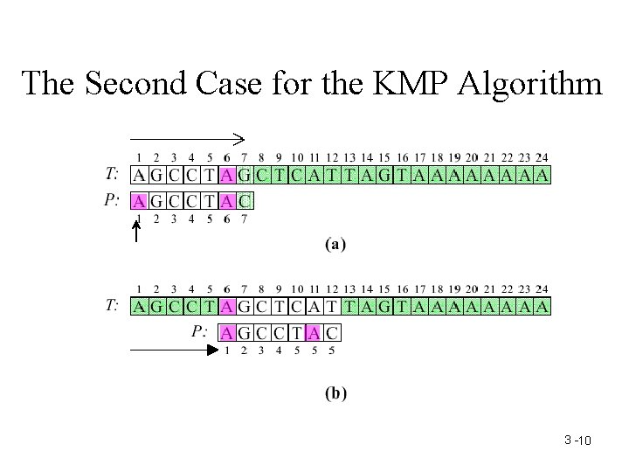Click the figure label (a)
(x=335, y=246)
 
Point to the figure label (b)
(x=335, y=393)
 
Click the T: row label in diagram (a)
(x=112, y=175)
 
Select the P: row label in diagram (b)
(x=200, y=331)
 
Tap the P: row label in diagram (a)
(x=112, y=201)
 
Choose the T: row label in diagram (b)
(x=112, y=306)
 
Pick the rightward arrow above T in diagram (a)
(x=187, y=137)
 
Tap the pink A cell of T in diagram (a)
(x=227, y=176)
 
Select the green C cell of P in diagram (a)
(x=245, y=202)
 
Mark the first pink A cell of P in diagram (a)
(x=139, y=202)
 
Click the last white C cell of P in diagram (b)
(x=332, y=332)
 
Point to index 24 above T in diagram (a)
(x=542, y=157)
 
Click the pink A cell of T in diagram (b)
(x=227, y=307)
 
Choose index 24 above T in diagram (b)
(x=542, y=288)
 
